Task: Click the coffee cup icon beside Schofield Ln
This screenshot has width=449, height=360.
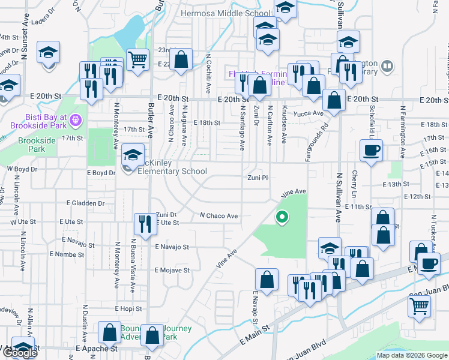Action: point(370,150)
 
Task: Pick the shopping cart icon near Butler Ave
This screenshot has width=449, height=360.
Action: point(138,60)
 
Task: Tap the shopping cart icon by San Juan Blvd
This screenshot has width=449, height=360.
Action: point(419,305)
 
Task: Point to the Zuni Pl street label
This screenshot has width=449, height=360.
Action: point(258,178)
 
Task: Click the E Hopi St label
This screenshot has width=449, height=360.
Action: point(129,308)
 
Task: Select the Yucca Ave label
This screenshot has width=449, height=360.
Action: point(311,113)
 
